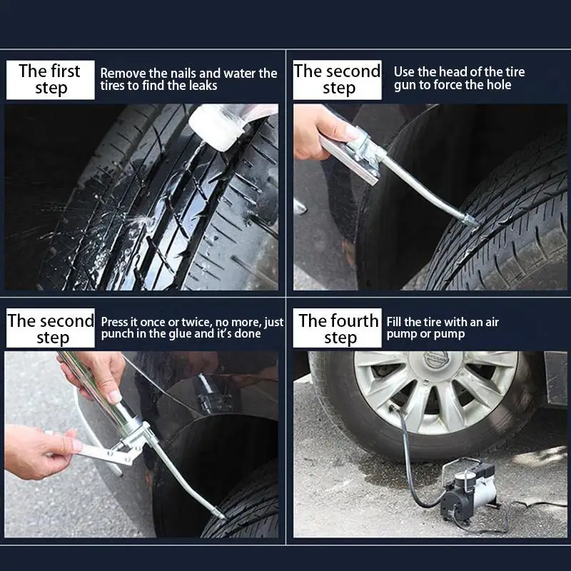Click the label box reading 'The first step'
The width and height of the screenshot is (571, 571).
pos(50,79)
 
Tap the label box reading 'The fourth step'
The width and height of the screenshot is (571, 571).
pos(338,328)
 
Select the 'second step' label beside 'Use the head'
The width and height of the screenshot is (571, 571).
pos(338,79)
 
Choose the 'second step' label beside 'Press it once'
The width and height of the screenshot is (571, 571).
pos(50,328)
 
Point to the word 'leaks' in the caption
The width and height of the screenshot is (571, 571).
pos(203,86)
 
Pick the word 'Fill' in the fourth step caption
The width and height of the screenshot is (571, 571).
pos(394,322)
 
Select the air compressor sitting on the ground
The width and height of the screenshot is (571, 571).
pos(467,489)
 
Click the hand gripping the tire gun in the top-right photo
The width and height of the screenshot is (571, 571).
pos(318,129)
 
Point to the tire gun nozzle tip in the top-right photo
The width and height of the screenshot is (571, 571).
pos(472,223)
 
